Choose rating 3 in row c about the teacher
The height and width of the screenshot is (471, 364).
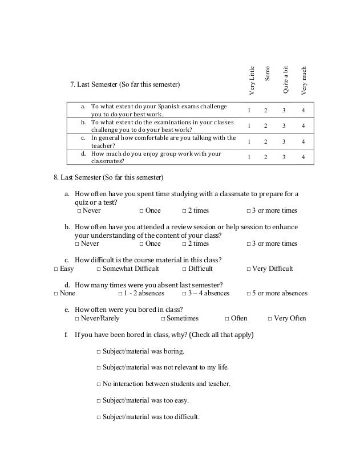[284, 141]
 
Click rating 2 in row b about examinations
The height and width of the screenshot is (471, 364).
[266, 125]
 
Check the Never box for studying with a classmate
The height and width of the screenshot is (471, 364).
[79, 210]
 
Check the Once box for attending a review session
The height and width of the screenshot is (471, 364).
[141, 243]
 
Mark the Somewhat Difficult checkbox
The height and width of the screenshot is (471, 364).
[99, 269]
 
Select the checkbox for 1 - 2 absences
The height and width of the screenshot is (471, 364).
[120, 294]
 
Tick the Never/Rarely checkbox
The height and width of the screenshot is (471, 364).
[79, 318]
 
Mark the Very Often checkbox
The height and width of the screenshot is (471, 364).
[270, 318]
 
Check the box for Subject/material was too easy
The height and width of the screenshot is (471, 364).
[99, 400]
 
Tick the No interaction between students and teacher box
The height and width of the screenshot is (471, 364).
[99, 384]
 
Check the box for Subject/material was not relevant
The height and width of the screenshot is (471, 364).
[99, 367]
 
